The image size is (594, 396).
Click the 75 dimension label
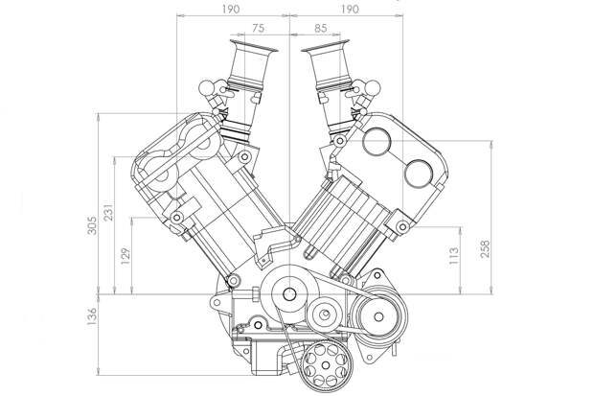click(x=258, y=28)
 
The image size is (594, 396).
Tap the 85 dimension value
click(x=321, y=28)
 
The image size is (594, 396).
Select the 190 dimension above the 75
click(x=230, y=9)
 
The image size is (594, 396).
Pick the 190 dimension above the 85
click(x=349, y=9)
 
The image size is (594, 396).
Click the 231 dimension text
click(x=108, y=213)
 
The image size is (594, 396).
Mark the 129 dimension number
click(x=126, y=256)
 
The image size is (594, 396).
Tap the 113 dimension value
click(x=453, y=256)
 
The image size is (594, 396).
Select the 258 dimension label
click(x=485, y=249)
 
